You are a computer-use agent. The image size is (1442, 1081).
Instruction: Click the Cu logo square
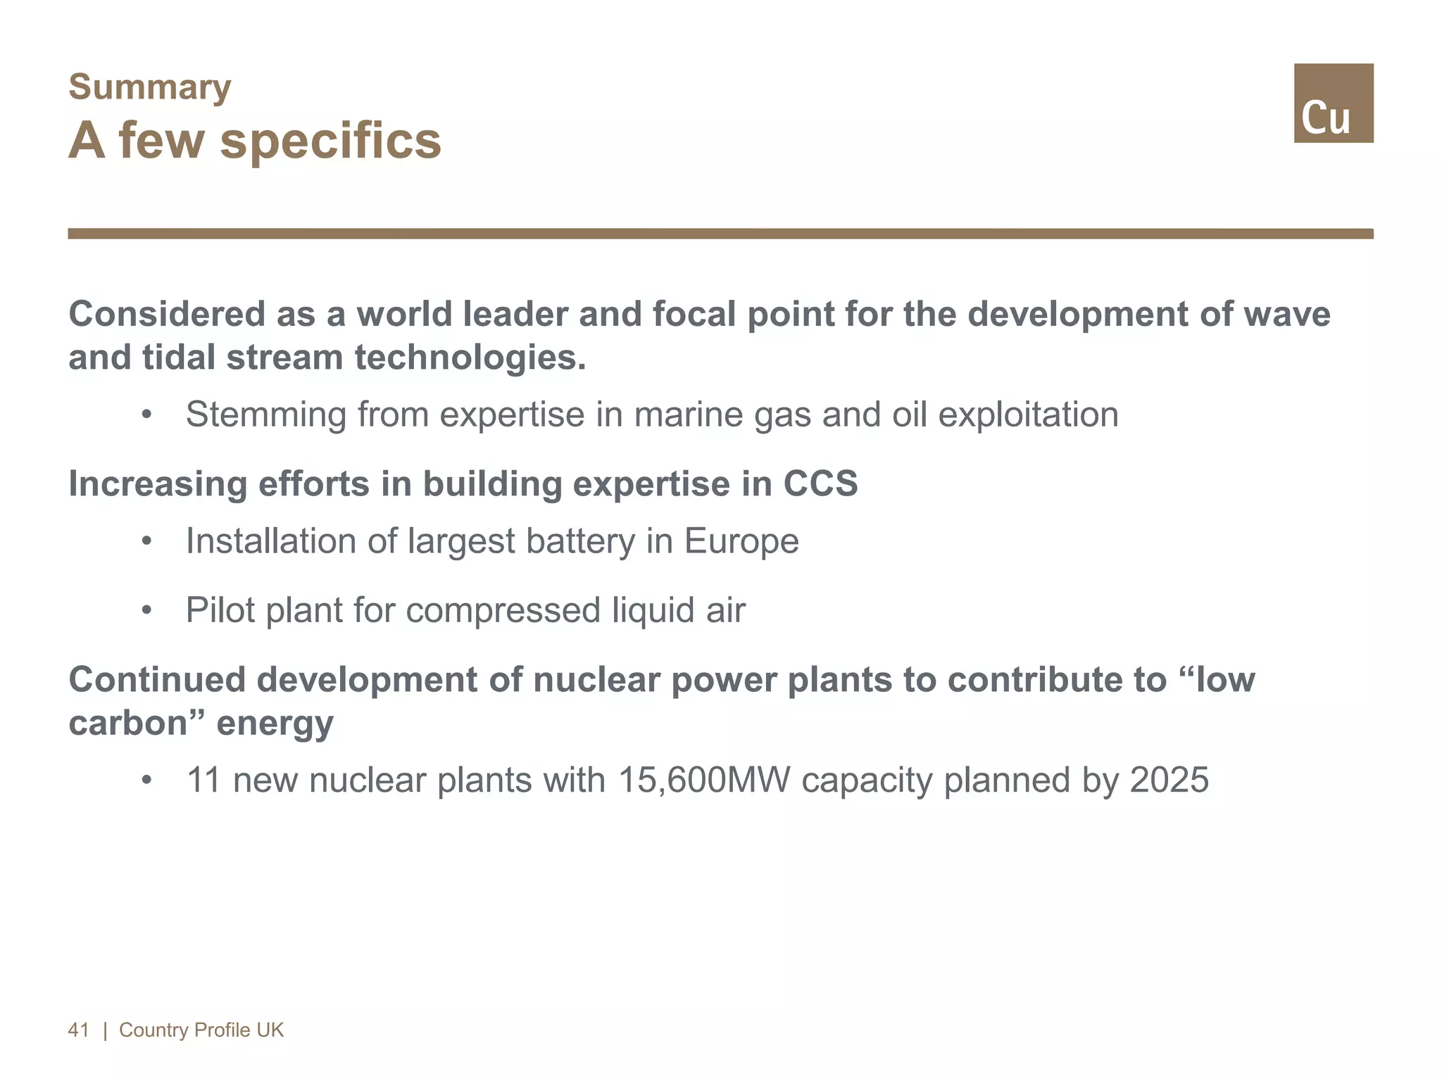pyautogui.click(x=1333, y=103)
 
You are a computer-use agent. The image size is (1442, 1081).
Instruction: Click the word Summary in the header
pyautogui.click(x=149, y=88)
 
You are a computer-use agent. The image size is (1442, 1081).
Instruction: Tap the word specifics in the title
pyautogui.click(x=330, y=141)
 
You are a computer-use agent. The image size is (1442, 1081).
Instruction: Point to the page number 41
pyautogui.click(x=79, y=1030)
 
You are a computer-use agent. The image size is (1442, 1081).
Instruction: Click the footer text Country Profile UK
pyautogui.click(x=201, y=1030)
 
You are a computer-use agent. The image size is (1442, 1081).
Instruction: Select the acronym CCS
pyautogui.click(x=820, y=484)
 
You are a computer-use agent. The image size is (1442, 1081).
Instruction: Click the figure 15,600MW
pyautogui.click(x=703, y=780)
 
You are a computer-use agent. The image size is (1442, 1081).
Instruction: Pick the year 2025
pyautogui.click(x=1169, y=780)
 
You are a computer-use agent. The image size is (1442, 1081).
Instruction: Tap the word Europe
pyautogui.click(x=741, y=541)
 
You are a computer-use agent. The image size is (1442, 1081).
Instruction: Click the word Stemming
pyautogui.click(x=265, y=415)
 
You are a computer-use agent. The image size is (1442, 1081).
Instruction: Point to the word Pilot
pyautogui.click(x=220, y=609)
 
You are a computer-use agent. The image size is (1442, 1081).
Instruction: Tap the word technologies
pyautogui.click(x=470, y=358)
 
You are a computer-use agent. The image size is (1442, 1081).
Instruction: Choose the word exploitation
pyautogui.click(x=1028, y=415)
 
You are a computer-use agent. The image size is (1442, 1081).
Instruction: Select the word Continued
pyautogui.click(x=157, y=680)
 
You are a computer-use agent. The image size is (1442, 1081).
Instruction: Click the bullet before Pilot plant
pyautogui.click(x=146, y=610)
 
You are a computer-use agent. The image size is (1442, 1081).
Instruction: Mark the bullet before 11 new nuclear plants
pyautogui.click(x=146, y=780)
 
